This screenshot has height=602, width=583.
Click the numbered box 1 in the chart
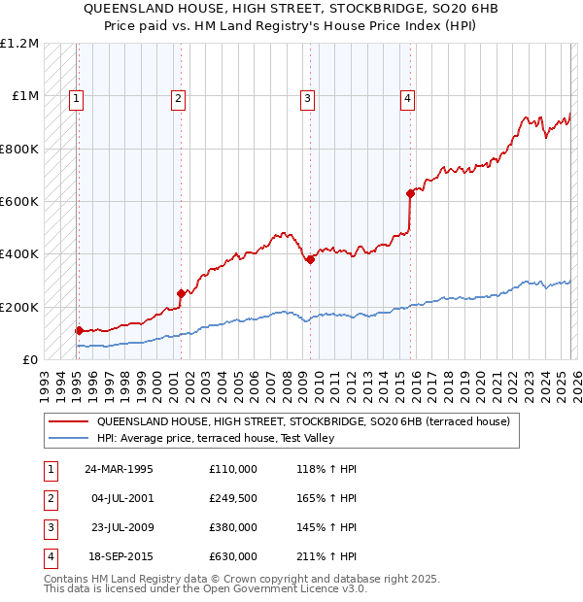[76, 97]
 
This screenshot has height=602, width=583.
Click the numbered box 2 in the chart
[179, 97]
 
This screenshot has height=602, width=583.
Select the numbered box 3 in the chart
[307, 97]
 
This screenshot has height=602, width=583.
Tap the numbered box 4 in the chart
[408, 97]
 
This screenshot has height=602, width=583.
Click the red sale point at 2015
[410, 193]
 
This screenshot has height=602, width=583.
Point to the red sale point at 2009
[310, 259]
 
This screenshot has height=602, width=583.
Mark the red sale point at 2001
[181, 293]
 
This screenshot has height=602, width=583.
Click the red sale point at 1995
[79, 330]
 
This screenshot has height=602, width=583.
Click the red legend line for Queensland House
[69, 421]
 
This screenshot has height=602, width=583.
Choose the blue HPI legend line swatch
[69, 438]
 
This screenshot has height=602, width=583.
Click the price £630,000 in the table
[233, 556]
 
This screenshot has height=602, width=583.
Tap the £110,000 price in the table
[233, 469]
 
